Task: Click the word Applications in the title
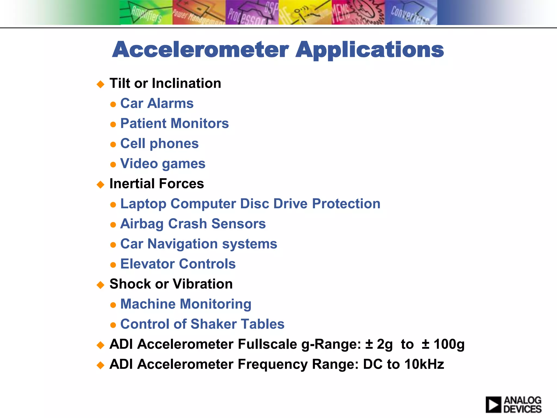370,50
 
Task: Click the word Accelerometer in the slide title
200,50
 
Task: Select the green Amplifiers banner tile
146,13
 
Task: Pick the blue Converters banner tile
411,13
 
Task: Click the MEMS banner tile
358,13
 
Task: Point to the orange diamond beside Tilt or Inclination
101,84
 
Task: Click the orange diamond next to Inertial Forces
101,185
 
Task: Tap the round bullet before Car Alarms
113,104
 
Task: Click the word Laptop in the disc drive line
143,204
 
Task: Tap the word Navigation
182,244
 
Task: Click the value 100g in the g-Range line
449,344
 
